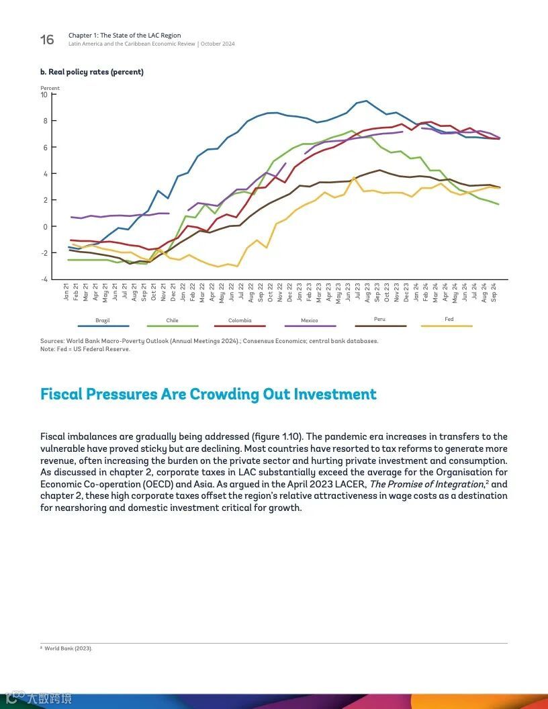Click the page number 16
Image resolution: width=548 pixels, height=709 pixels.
coord(47,40)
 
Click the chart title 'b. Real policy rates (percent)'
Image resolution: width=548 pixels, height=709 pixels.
coord(92,72)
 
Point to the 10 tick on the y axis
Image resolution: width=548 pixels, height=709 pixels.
coord(44,95)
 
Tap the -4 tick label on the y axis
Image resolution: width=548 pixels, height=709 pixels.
coord(44,279)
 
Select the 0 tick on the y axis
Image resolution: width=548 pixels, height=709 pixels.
coord(46,227)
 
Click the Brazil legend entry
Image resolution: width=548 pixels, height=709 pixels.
coord(102,321)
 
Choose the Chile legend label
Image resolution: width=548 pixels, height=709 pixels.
coord(173,321)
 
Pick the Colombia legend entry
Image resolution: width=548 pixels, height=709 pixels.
coord(240,321)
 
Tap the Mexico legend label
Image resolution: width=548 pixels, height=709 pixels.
coord(310,321)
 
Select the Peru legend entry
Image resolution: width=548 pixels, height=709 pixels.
coord(379,320)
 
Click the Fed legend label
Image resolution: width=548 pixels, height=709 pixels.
coord(449,320)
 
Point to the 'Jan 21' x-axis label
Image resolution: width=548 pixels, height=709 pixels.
coord(67,292)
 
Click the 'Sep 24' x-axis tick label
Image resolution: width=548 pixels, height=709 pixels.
coord(494,292)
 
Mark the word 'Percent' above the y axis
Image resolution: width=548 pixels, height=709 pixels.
coord(50,88)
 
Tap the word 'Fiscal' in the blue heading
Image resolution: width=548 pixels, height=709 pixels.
coord(61,394)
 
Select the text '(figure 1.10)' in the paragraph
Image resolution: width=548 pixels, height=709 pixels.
coord(278,436)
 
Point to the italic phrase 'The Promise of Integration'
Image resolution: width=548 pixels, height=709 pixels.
coord(426,484)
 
